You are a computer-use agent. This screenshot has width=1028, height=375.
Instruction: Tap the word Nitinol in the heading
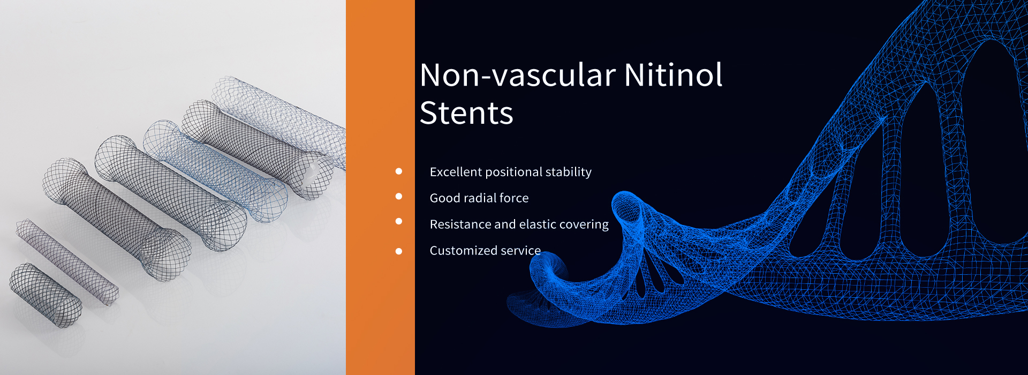(674, 74)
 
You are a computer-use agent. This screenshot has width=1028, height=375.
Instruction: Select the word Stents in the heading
(466, 112)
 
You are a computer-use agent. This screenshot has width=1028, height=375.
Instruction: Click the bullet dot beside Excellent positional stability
(398, 171)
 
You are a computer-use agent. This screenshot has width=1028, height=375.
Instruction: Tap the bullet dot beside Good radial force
(398, 196)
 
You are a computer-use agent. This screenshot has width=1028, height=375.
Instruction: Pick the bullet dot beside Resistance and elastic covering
(398, 221)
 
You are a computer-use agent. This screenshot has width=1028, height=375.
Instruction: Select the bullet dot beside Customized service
(398, 251)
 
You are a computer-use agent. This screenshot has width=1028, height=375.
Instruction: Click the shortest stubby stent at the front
(46, 295)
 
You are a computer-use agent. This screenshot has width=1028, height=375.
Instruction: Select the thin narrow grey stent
(67, 262)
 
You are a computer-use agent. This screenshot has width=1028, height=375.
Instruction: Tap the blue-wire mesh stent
(214, 171)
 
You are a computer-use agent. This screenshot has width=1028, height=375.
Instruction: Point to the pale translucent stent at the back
(278, 121)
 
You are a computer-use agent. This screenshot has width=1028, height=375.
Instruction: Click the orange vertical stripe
(380, 187)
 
